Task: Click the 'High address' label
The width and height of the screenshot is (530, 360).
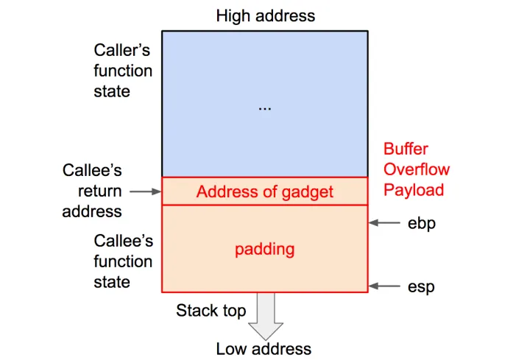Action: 265,15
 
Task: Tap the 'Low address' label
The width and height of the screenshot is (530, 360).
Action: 264,348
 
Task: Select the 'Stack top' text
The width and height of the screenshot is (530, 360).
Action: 211,310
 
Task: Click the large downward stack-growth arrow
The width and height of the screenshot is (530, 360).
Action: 265,316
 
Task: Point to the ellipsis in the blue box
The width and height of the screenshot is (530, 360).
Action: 265,107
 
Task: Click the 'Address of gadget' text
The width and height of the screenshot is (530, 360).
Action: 265,192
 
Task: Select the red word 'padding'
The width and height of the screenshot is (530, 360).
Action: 265,249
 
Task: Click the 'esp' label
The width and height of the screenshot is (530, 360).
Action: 421,286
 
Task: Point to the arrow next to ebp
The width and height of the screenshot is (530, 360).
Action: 384,222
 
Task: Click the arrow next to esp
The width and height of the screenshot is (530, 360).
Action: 384,286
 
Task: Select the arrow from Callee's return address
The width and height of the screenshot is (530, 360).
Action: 145,191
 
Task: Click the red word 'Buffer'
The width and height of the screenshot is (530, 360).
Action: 406,149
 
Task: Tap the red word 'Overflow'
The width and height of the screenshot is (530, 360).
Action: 417,169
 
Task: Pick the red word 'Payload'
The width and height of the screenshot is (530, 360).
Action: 414,190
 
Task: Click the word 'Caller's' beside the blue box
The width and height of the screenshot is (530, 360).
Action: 123,50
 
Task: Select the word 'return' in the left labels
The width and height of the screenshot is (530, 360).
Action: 100,191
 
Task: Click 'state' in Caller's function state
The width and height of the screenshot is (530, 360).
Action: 112,91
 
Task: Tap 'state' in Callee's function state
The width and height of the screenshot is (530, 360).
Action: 112,282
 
